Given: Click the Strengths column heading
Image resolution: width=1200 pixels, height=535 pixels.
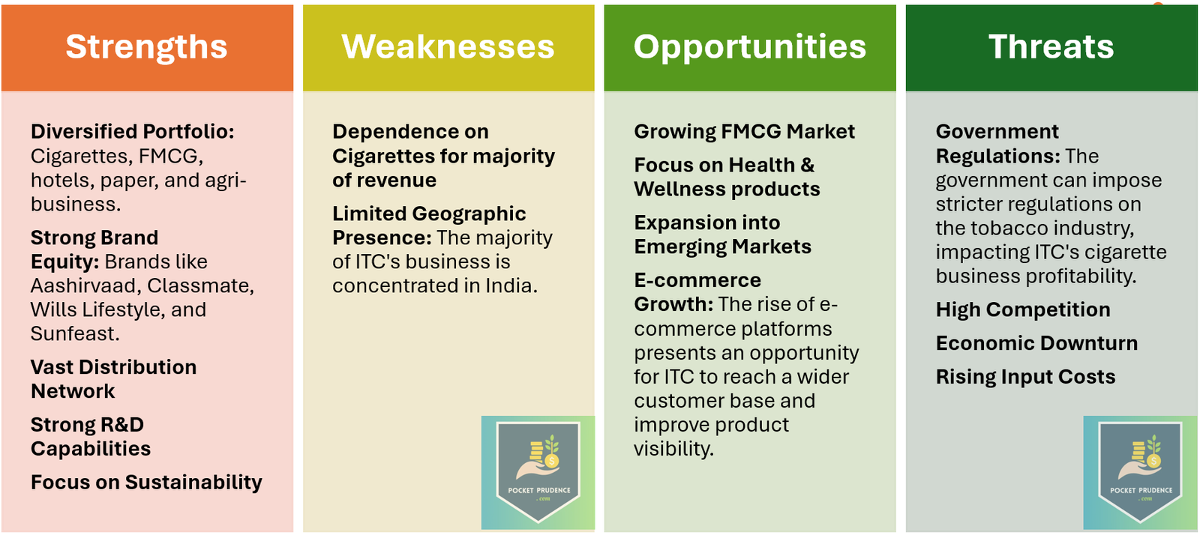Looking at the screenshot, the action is (146, 47).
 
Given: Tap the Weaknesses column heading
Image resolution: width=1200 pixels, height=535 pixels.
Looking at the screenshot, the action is (448, 46).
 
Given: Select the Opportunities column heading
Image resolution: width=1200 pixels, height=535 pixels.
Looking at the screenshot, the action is (750, 47).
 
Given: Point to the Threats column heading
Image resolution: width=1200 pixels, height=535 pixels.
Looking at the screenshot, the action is (1051, 46).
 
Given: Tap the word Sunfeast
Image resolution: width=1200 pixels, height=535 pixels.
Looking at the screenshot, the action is (74, 334).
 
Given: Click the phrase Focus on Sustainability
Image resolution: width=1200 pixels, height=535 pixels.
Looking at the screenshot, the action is (146, 483).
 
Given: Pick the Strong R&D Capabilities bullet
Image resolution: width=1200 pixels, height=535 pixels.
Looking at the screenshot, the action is (91, 437).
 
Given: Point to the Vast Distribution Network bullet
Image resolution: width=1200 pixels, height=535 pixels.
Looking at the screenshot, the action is (113, 379).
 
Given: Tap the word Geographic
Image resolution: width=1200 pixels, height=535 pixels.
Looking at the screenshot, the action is (469, 214).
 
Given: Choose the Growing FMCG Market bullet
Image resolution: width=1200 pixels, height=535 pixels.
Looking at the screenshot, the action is (745, 132).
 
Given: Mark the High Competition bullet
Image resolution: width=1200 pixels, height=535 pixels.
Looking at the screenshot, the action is (1023, 309).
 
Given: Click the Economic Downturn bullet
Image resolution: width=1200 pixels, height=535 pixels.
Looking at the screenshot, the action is (1036, 343).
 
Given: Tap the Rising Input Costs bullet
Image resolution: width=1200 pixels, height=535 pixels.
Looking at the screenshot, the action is (1025, 377).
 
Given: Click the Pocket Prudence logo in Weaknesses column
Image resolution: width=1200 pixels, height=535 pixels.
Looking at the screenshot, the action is (538, 473).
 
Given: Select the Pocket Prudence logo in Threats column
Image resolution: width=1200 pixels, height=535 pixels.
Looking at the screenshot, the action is (1140, 473).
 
